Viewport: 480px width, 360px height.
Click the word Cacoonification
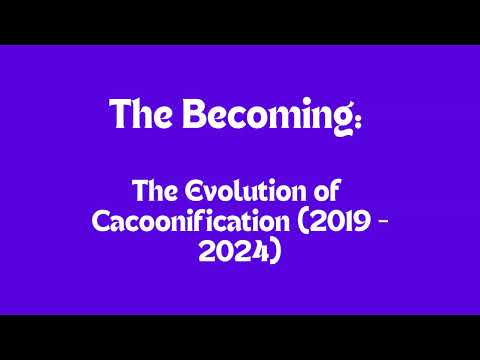point(189,221)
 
